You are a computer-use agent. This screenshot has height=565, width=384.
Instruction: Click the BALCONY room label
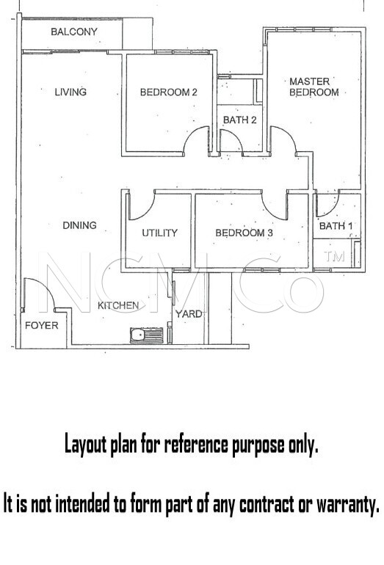[x=74, y=32]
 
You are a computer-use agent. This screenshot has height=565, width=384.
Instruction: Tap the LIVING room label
[x=70, y=92]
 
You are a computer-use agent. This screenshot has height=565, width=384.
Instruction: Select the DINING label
[x=80, y=225]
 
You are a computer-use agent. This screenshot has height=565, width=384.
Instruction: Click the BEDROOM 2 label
[x=169, y=92]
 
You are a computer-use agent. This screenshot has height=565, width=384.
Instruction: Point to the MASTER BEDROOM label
[x=314, y=87]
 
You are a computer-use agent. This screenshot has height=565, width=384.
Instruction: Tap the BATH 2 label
[x=240, y=120]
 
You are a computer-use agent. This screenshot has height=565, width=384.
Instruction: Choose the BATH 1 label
[x=336, y=226]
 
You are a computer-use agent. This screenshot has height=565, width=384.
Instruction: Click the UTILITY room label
[x=160, y=233]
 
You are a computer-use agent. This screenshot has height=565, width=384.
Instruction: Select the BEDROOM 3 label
[x=244, y=233]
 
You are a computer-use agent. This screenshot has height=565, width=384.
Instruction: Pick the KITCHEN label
[x=118, y=305]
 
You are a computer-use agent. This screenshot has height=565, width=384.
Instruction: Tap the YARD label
[x=189, y=314]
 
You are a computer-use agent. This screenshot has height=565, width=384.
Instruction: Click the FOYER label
[x=41, y=325]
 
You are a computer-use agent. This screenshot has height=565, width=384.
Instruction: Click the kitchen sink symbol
[x=147, y=335]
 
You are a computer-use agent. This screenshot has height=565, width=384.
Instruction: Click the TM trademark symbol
[x=334, y=256]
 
